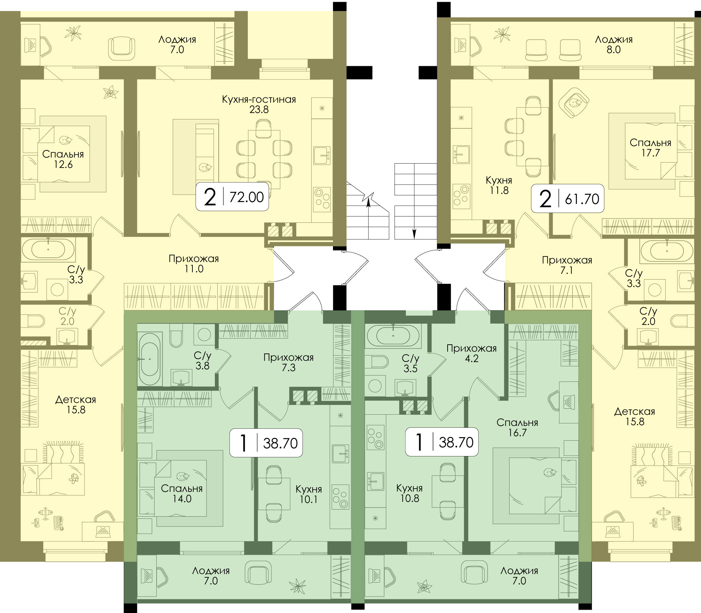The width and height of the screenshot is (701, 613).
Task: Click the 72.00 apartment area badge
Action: coord(232,197)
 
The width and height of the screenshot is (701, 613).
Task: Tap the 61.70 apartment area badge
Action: coord(567,198)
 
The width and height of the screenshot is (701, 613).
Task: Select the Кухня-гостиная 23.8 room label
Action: coord(259,104)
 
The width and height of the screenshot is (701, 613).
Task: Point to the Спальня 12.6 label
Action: coord(63,159)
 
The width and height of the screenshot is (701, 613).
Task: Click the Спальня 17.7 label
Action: coord(651,148)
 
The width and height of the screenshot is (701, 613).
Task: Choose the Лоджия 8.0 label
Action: coord(614,44)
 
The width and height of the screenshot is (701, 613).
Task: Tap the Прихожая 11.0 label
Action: coord(194,264)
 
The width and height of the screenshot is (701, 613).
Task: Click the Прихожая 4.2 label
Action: coord(471,353)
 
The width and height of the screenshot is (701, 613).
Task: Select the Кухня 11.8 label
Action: coord(499,185)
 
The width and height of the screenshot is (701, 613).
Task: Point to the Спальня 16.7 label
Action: coord(517,427)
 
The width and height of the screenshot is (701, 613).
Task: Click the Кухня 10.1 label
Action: coord(308,494)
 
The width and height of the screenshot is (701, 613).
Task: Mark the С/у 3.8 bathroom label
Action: coord(203,360)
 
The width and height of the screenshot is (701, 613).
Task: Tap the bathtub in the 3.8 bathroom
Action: coord(150,359)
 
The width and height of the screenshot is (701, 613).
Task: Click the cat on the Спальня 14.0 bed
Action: coord(182,476)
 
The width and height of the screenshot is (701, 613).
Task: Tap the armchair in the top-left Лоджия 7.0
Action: coord(121,49)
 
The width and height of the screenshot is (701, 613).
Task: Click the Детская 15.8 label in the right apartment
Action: coord(635,416)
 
